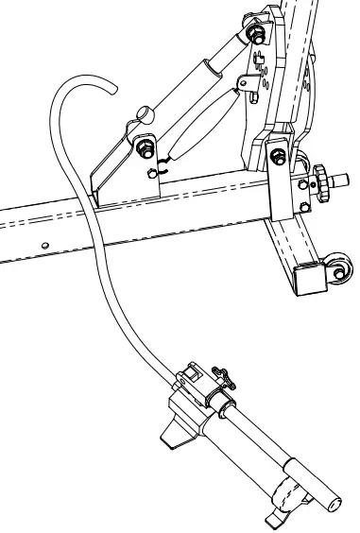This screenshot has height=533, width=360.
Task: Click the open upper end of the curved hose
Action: tap(112, 89)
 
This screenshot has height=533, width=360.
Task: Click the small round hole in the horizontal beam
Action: tap(43, 243)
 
